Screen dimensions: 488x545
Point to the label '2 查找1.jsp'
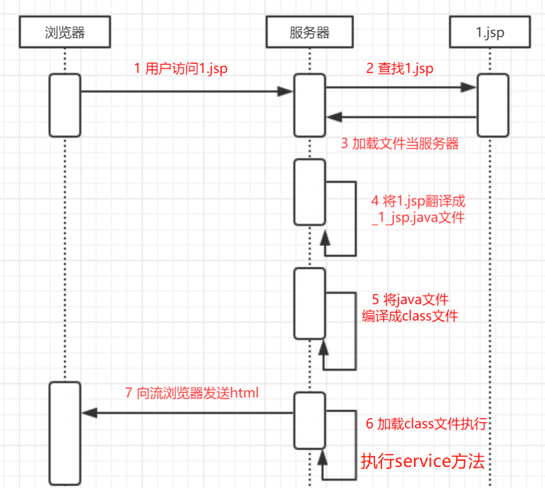tap(400, 68)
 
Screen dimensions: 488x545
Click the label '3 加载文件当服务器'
tap(400, 144)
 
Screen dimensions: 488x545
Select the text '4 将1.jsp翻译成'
tap(418, 202)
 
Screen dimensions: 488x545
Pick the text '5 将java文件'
tap(410, 300)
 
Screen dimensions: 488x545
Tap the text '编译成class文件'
tap(410, 316)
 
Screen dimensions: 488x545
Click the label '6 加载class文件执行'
tap(426, 424)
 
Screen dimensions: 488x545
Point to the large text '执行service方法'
tap(423, 462)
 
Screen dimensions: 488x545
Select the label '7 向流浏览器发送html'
tap(192, 392)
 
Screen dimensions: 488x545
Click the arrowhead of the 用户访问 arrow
tap(285, 91)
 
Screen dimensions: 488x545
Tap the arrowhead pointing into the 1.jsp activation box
tap(469, 87)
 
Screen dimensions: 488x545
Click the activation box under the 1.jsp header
tap(493, 105)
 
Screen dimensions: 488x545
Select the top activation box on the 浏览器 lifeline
tap(65, 105)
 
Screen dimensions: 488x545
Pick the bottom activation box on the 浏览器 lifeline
tap(65, 434)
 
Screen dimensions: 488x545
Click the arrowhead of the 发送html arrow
tap(88, 413)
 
